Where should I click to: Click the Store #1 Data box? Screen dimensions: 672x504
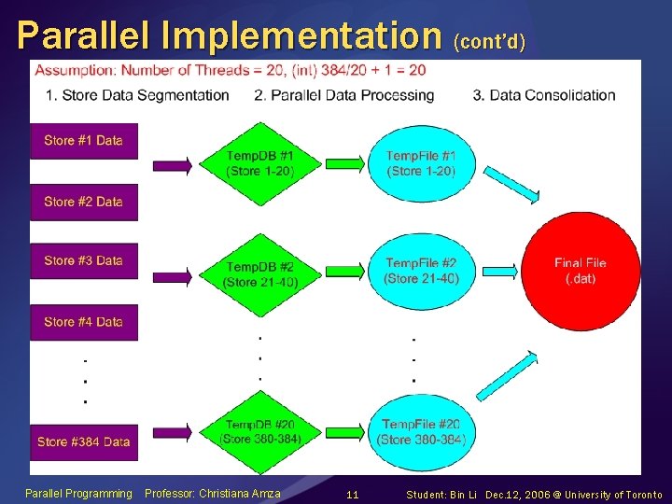point(83,141)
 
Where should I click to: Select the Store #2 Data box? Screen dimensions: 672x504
point(83,202)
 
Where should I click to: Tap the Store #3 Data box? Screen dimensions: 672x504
point(83,261)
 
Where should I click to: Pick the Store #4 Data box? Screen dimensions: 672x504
point(83,322)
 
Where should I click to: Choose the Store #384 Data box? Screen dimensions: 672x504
point(83,441)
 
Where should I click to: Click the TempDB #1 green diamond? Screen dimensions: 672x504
point(260,162)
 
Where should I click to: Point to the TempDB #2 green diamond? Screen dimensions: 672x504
point(260,274)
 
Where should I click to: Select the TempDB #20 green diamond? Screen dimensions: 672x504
point(260,430)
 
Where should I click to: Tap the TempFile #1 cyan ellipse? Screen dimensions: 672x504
point(421,162)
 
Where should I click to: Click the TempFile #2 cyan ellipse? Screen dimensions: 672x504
point(422,271)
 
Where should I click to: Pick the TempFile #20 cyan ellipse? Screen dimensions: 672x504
point(421,431)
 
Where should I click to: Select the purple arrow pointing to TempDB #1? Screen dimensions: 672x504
point(172,165)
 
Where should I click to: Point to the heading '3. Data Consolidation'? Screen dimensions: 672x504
point(544,95)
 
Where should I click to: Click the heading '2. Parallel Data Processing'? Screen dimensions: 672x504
point(343,95)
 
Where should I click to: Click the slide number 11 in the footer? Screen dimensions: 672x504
point(352,494)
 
